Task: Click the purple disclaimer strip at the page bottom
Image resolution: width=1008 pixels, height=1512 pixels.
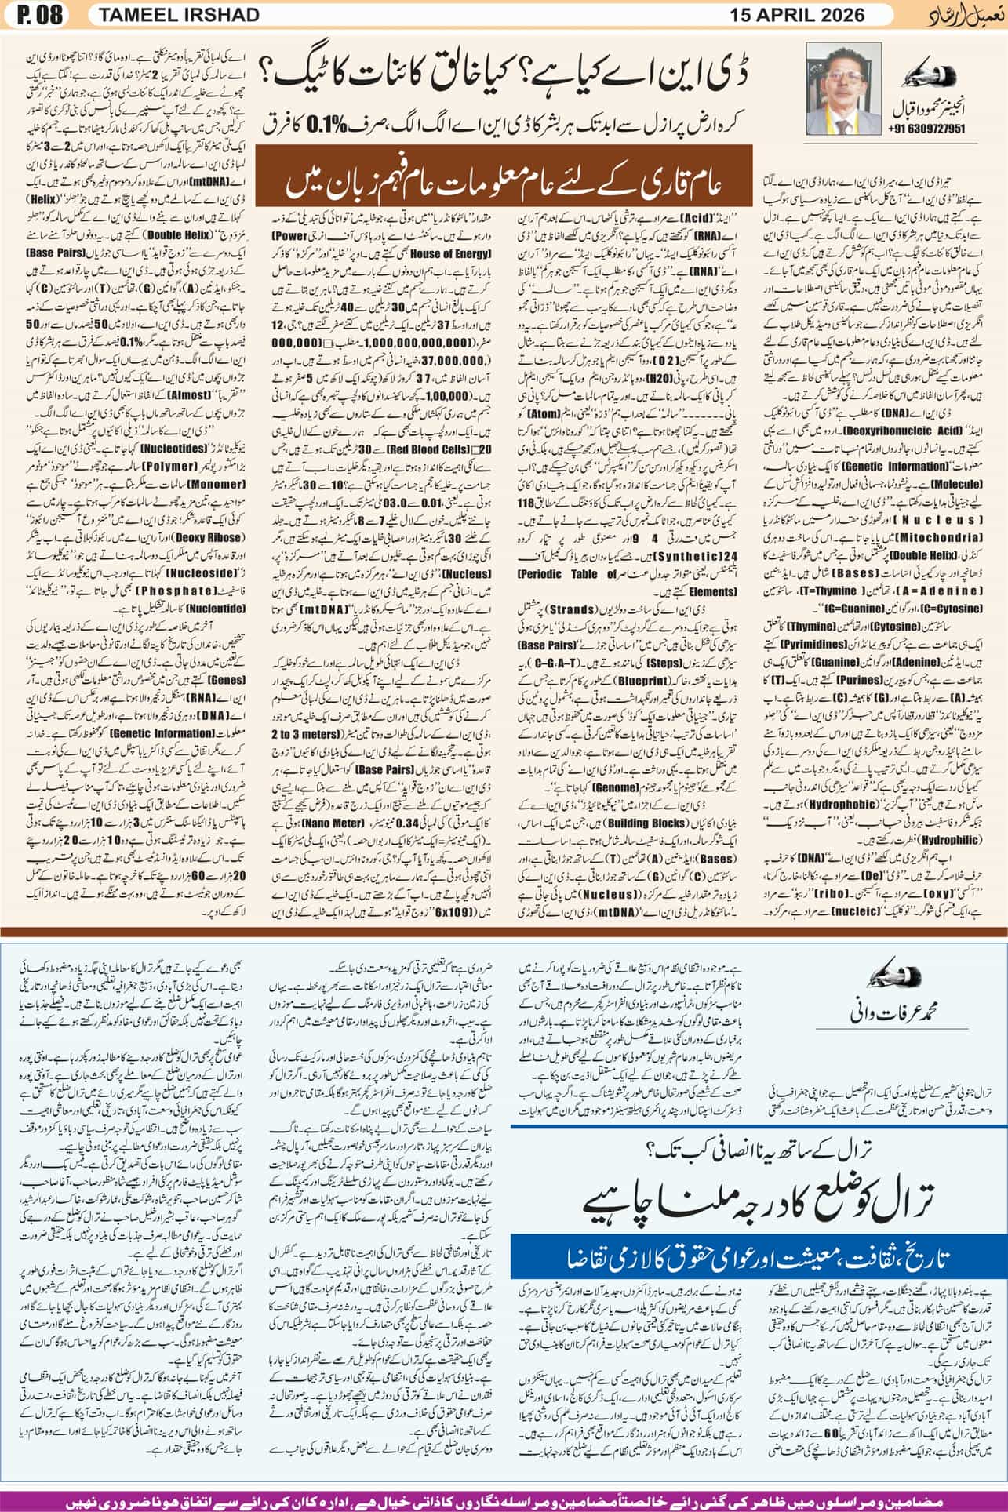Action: (x=504, y=1496)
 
